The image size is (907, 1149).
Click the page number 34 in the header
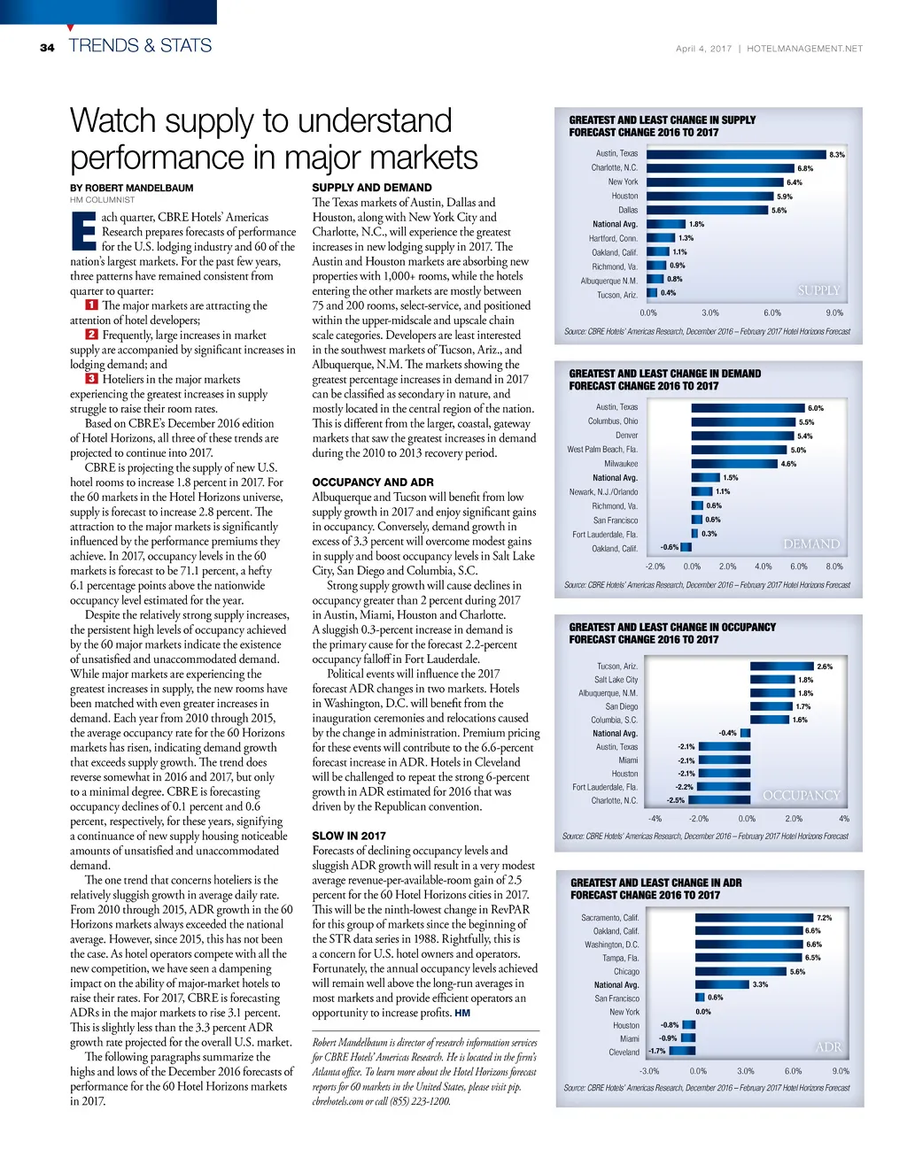pyautogui.click(x=47, y=48)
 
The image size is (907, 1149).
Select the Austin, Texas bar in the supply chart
pyautogui.click(x=735, y=154)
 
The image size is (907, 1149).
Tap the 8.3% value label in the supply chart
pyautogui.click(x=836, y=155)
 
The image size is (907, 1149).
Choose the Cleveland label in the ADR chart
pyautogui.click(x=624, y=1053)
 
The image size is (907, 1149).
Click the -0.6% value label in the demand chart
pyautogui.click(x=670, y=547)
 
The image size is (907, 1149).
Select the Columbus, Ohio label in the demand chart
pyautogui.click(x=613, y=421)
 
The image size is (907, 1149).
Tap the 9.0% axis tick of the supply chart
pyautogui.click(x=834, y=312)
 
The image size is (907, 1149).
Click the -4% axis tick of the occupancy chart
pyautogui.click(x=655, y=819)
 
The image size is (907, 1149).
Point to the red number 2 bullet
pyautogui.click(x=91, y=335)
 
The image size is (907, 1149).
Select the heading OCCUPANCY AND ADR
pyautogui.click(x=373, y=482)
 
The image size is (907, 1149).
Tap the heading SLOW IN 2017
pyautogui.click(x=349, y=836)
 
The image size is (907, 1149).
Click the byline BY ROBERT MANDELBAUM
pyautogui.click(x=132, y=188)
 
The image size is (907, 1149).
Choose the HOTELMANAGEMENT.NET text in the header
pyautogui.click(x=804, y=49)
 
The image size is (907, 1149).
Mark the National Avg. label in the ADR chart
pyautogui.click(x=616, y=985)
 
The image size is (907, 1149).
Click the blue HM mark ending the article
pyautogui.click(x=462, y=1013)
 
